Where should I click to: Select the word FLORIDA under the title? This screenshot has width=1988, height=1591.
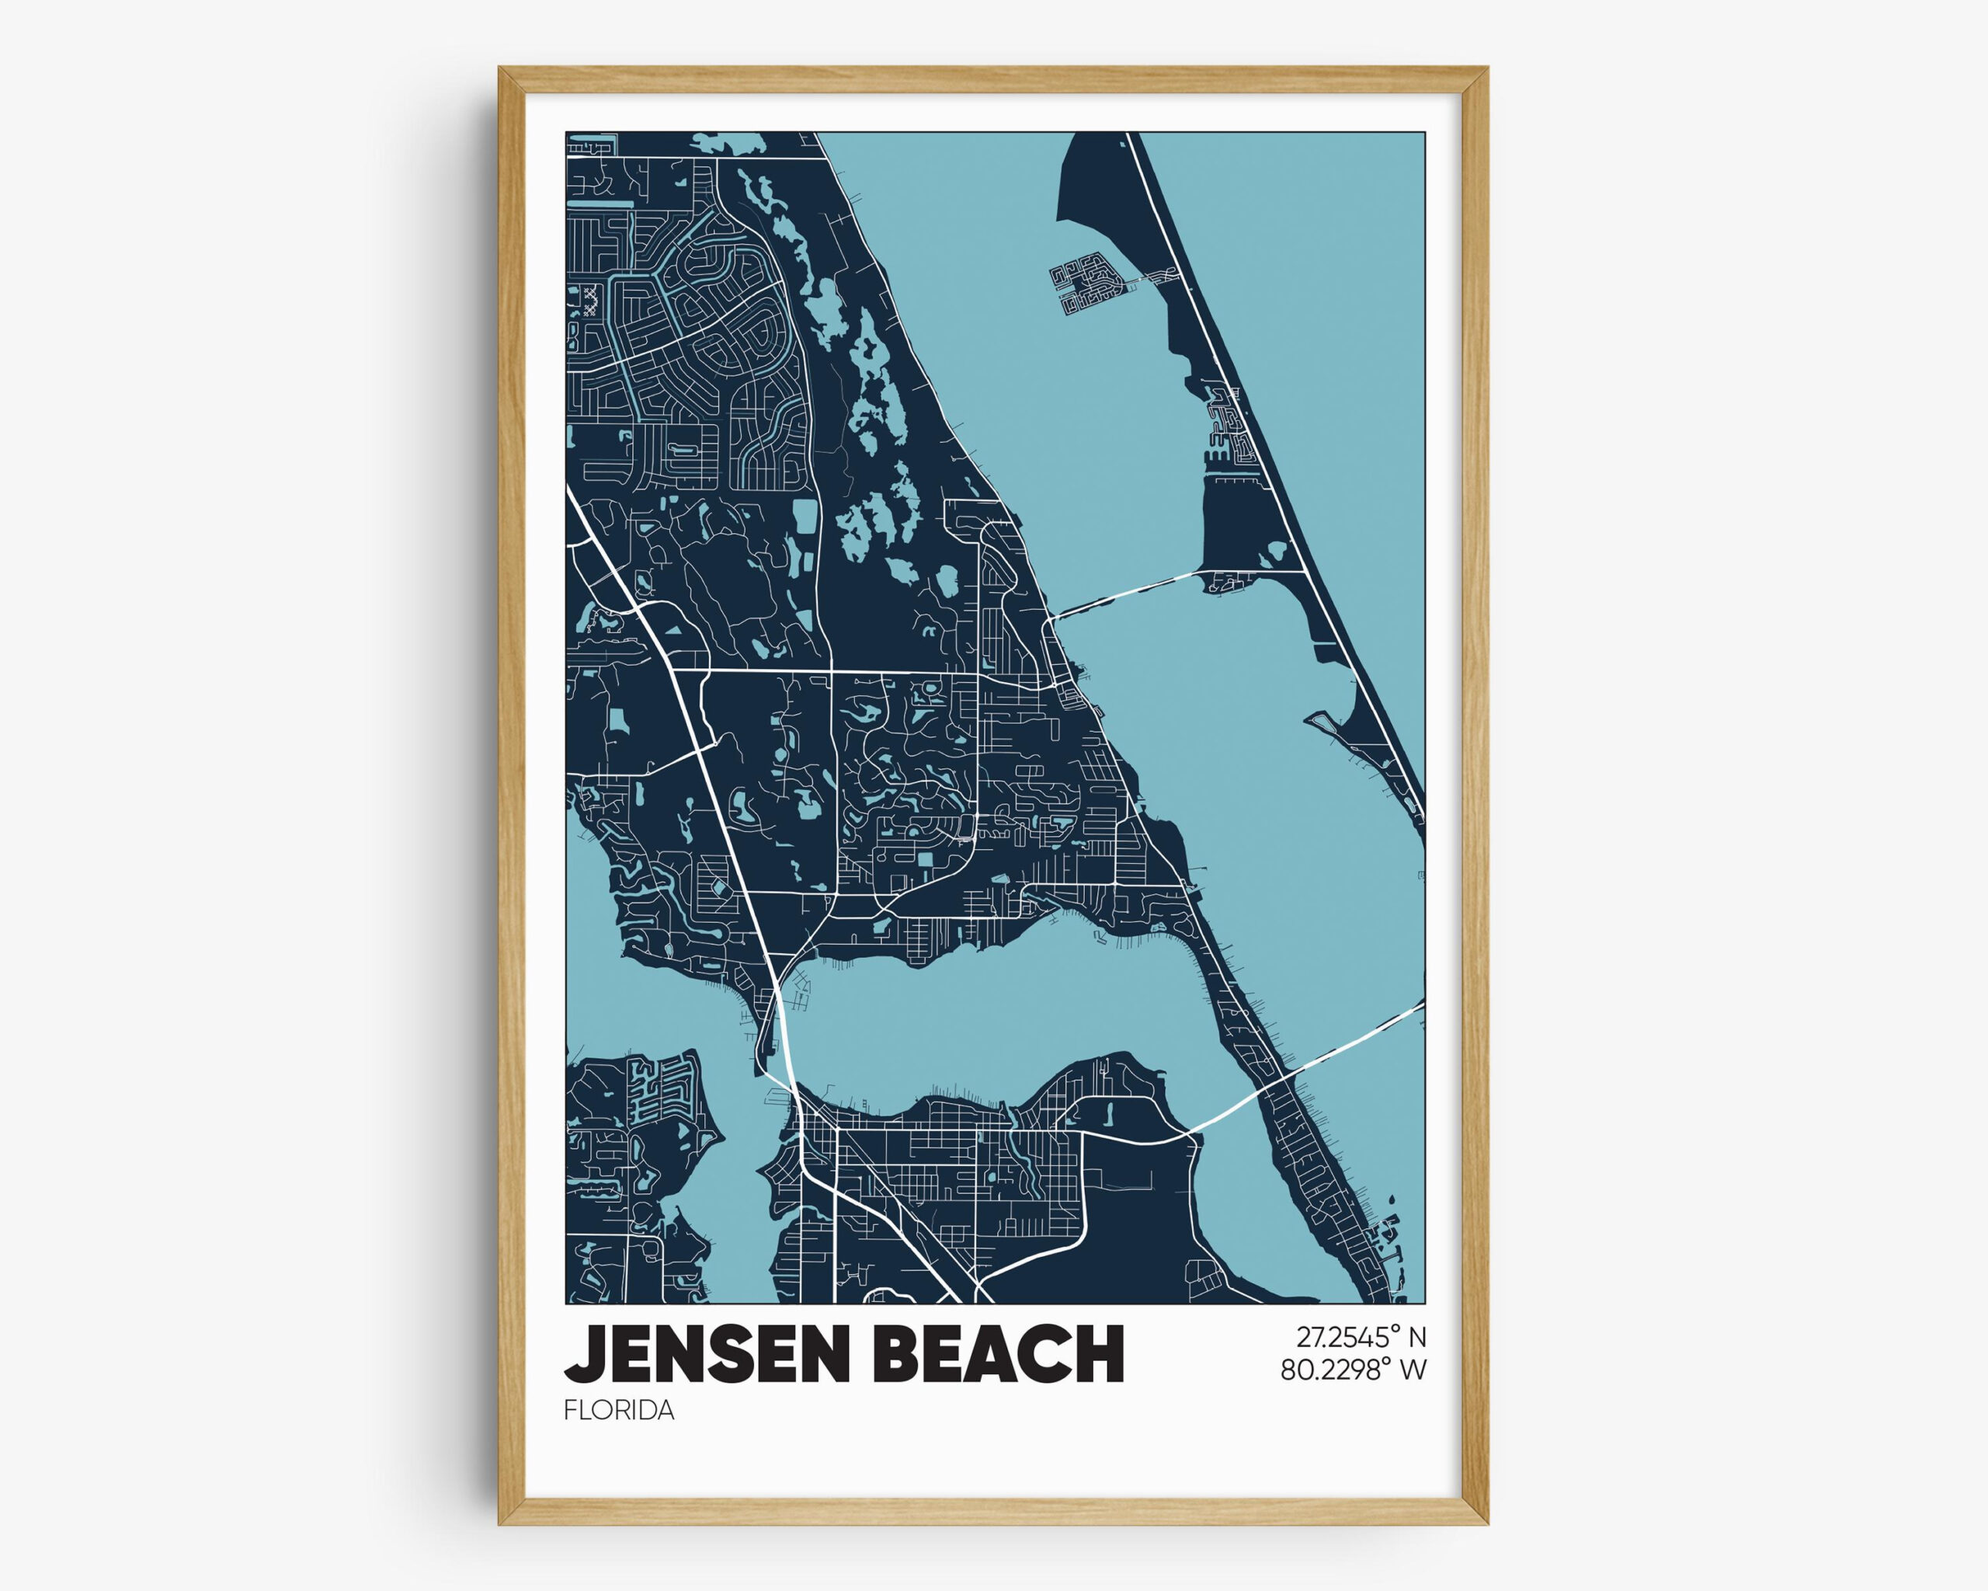click(x=619, y=1411)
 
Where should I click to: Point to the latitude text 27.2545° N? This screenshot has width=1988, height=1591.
click(x=1361, y=1336)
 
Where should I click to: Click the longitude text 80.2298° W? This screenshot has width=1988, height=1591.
click(x=1353, y=1370)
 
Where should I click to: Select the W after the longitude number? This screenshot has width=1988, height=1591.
click(x=1413, y=1370)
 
